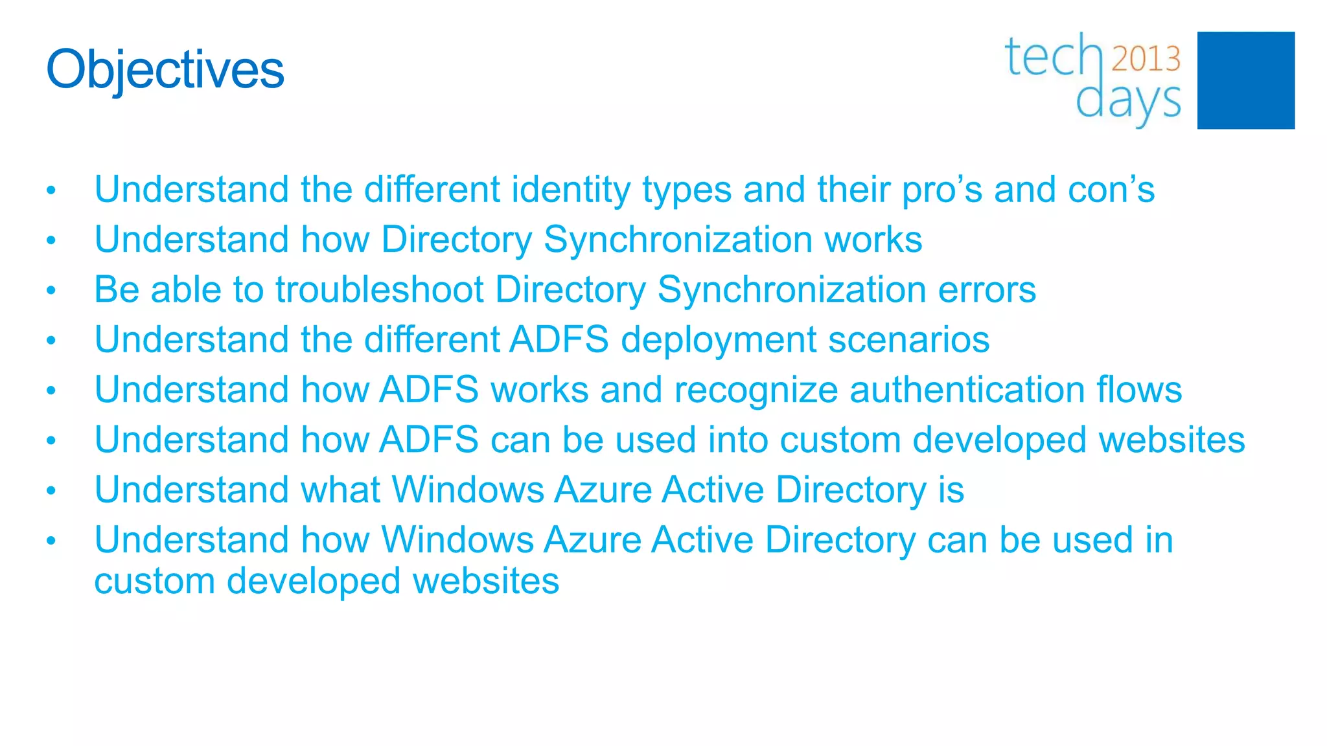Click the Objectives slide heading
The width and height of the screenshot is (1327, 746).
tap(165, 70)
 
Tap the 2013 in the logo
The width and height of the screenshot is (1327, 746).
tap(1146, 60)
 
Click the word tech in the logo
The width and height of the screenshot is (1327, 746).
tap(1053, 57)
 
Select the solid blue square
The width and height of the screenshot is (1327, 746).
tap(1245, 80)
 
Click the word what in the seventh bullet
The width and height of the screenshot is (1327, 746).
tap(340, 490)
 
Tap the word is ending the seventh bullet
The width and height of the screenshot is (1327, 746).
tap(951, 490)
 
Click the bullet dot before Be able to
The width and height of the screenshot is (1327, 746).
tap(51, 291)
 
